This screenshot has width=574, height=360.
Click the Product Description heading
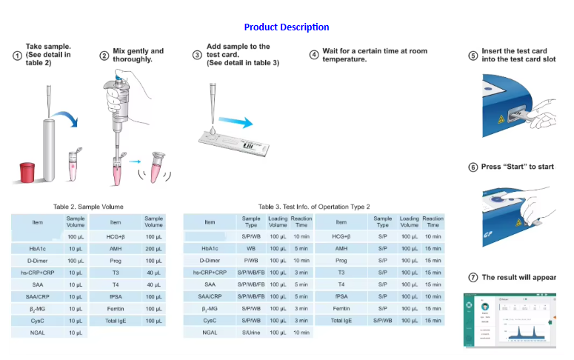pyautogui.click(x=286, y=27)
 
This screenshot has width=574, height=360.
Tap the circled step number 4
pyautogui.click(x=314, y=55)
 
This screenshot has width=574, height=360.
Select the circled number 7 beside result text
pyautogui.click(x=473, y=278)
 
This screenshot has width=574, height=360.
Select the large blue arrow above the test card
pyautogui.click(x=240, y=118)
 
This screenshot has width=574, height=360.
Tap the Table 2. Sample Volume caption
pyautogui.click(x=88, y=207)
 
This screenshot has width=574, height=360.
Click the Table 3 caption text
pyautogui.click(x=313, y=207)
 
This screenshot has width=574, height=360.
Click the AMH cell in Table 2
pyautogui.click(x=116, y=249)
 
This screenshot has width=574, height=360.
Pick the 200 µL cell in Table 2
pyautogui.click(x=154, y=249)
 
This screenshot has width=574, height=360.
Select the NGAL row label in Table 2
pyautogui.click(x=38, y=333)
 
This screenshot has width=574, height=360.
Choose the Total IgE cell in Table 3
pyautogui.click(x=341, y=321)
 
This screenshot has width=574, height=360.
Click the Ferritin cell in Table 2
pyautogui.click(x=116, y=308)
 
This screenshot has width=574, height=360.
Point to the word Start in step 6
pyautogui.click(x=514, y=167)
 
